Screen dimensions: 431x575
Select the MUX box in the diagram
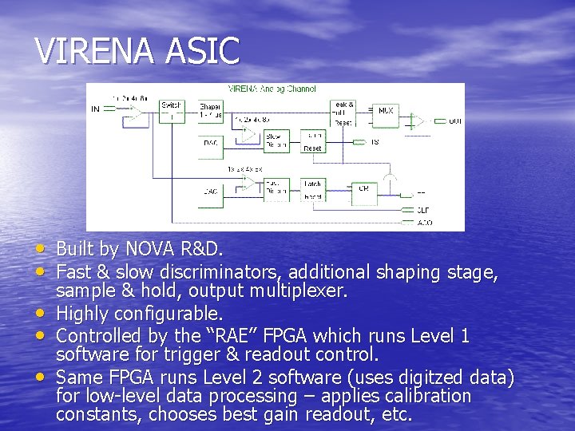click(385, 110)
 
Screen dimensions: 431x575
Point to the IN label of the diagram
click(96, 108)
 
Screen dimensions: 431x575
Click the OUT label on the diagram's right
click(454, 121)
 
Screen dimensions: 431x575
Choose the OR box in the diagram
click(363, 188)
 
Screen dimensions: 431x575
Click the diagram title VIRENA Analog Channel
click(272, 89)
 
